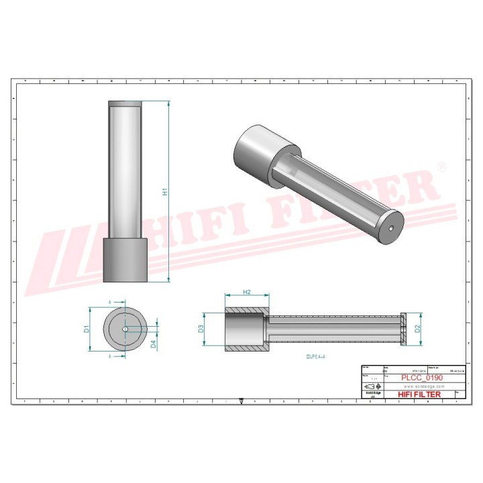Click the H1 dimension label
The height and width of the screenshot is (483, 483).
click(x=165, y=192)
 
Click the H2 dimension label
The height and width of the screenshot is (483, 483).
click(x=246, y=292)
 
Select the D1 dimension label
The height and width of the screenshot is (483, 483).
click(x=87, y=329)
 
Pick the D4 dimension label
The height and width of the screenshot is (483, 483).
click(x=154, y=344)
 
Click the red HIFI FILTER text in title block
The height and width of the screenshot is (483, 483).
click(x=419, y=394)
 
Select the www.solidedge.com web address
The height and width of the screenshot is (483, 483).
click(x=421, y=386)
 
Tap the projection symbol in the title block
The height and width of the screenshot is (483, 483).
click(x=370, y=387)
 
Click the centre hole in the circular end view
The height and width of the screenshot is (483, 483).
click(x=125, y=329)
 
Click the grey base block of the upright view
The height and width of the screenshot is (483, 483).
click(x=125, y=260)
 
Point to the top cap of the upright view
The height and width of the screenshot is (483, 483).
click(x=125, y=103)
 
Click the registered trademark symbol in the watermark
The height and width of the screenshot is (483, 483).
click(x=441, y=165)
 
